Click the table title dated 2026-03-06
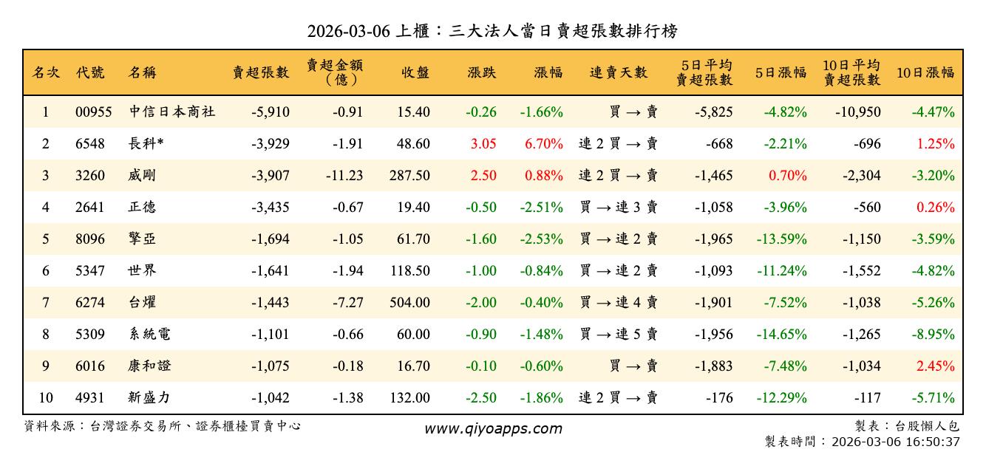(x=492, y=31)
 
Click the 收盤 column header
(x=415, y=72)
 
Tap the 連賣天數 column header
(x=618, y=72)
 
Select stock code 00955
(x=94, y=112)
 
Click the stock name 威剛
(x=142, y=176)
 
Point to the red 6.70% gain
(x=544, y=144)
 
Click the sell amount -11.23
(x=344, y=176)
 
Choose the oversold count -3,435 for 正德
(x=271, y=208)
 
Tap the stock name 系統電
(x=149, y=334)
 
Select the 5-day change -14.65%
(x=781, y=334)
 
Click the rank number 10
(x=46, y=397)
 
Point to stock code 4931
(x=90, y=397)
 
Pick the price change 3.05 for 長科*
(x=483, y=144)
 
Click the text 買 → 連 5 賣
(x=619, y=334)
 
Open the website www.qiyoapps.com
(x=493, y=428)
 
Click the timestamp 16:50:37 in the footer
(x=934, y=442)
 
